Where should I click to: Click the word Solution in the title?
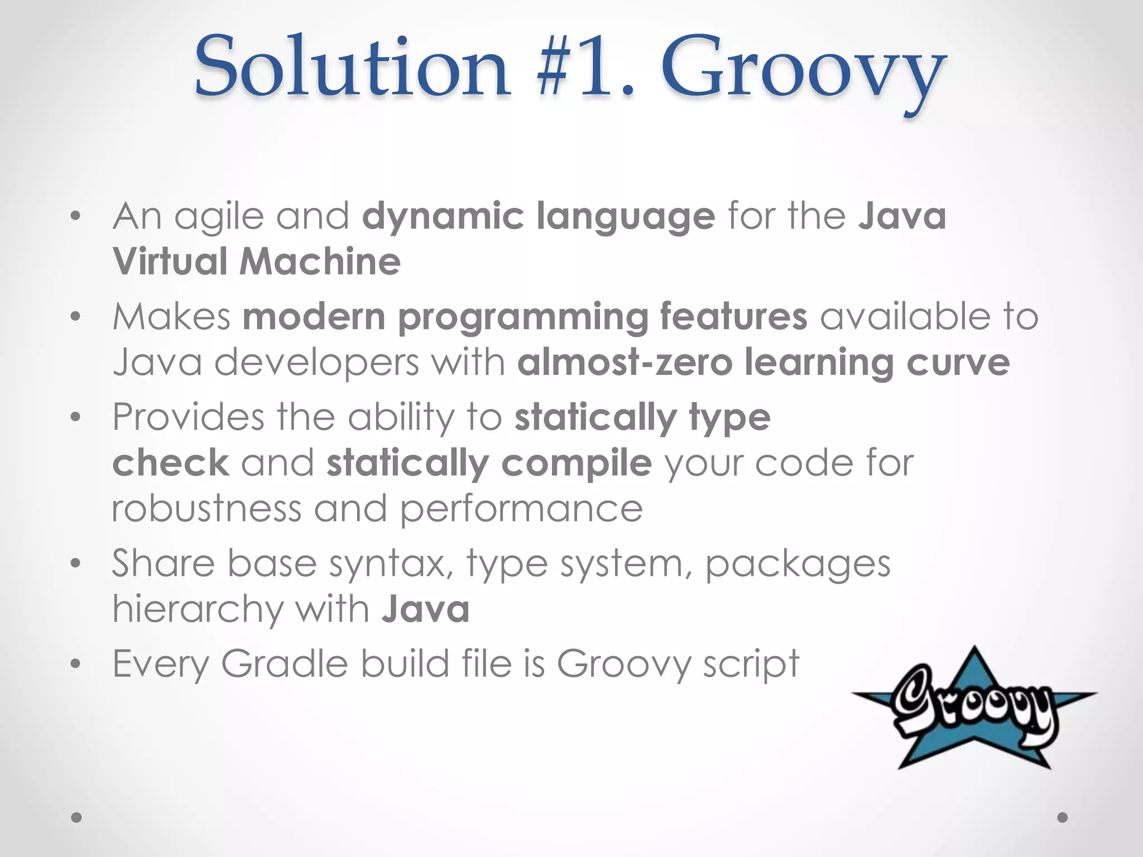pos(352,67)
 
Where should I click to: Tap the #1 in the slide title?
pos(583,67)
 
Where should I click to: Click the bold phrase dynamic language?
pos(538,217)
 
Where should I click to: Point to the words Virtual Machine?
pos(257,262)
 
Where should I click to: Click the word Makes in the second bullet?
pos(171,316)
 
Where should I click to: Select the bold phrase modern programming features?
pos(525,317)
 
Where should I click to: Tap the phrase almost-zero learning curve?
pos(763,363)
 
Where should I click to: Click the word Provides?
pos(188,417)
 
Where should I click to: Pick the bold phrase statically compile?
pos(489,463)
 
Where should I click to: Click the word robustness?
pos(206,508)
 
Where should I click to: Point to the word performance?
pos(522,509)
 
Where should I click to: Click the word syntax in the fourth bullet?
pos(391,564)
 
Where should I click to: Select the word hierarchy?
pos(198,609)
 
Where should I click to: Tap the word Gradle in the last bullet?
pos(285,663)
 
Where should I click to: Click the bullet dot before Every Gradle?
pos(76,664)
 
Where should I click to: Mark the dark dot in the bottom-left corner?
pos(76,817)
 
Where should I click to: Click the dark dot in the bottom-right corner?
pos(1063,817)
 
